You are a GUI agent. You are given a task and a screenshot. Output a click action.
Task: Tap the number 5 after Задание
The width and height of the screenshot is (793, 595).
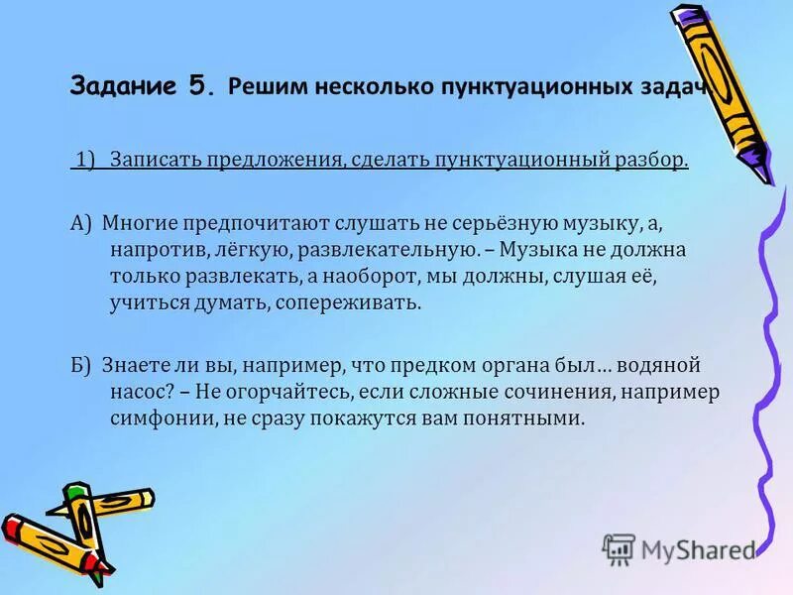[197, 85]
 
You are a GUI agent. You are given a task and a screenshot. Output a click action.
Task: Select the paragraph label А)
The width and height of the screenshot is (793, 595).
[81, 224]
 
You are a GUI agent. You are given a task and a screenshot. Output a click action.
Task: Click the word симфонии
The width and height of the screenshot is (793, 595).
[159, 418]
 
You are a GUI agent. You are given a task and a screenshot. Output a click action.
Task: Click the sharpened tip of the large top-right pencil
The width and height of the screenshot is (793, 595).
[765, 178]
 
